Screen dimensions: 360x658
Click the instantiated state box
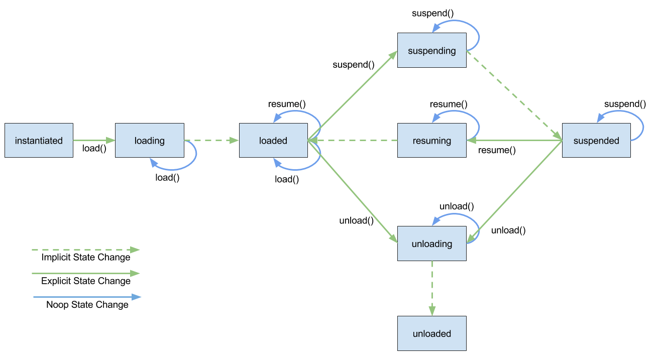(39, 141)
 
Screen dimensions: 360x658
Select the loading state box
(149, 141)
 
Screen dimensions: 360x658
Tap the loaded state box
(273, 141)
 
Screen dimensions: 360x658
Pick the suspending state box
(431, 50)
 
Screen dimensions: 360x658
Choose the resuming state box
(431, 141)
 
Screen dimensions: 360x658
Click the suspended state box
(596, 141)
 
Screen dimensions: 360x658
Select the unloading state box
(431, 244)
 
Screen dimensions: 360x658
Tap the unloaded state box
(431, 333)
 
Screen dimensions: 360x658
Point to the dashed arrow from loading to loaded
(211, 141)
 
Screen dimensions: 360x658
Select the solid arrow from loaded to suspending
(352, 96)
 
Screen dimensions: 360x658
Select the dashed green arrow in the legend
(85, 250)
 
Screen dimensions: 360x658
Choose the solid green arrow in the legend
(85, 274)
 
